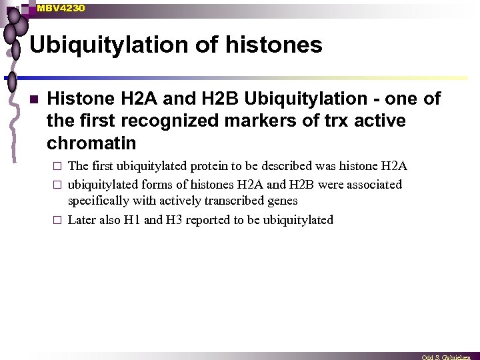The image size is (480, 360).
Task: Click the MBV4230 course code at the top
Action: [61, 8]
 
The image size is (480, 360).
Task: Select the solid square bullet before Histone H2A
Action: [33, 100]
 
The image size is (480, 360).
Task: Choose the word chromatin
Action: [91, 143]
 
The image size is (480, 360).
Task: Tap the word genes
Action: [282, 201]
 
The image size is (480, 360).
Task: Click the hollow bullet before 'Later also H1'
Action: [59, 220]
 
